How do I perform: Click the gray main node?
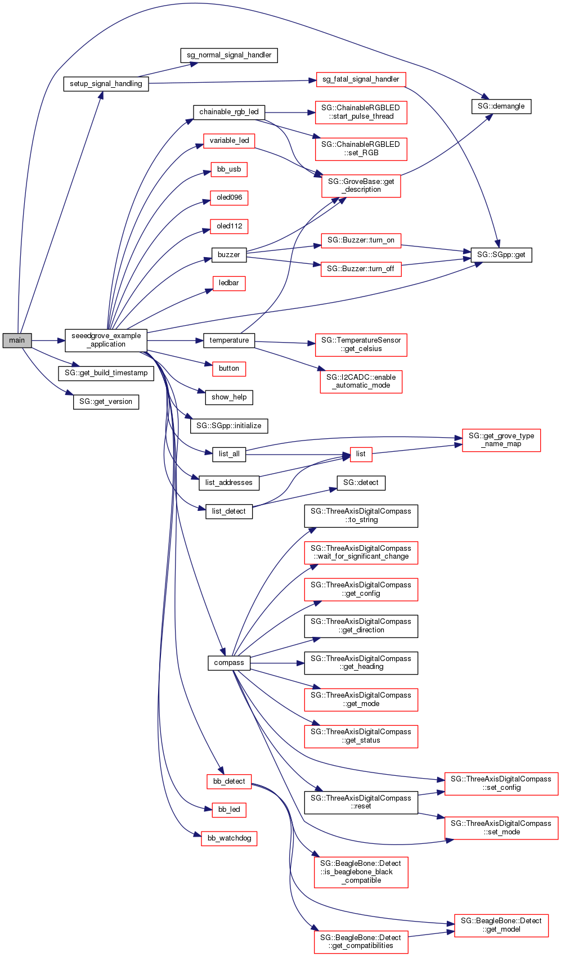click(17, 340)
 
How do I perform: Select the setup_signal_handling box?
click(106, 84)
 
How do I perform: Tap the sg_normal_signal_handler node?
click(229, 55)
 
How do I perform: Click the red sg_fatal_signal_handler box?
click(361, 79)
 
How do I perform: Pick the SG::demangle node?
click(501, 106)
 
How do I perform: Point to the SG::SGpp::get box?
click(501, 255)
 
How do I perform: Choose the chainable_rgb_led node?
click(229, 112)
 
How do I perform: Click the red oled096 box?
click(229, 198)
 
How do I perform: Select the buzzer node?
click(229, 255)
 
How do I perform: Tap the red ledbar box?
click(229, 283)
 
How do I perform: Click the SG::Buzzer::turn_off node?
click(361, 269)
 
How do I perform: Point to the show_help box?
click(229, 397)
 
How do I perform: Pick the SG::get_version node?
click(106, 402)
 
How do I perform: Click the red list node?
click(361, 454)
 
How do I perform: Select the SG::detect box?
click(361, 483)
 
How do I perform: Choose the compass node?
click(229, 663)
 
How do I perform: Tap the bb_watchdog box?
click(229, 838)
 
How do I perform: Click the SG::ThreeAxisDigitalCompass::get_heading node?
click(361, 663)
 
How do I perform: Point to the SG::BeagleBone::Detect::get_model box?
click(501, 925)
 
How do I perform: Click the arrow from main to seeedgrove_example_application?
click(48, 340)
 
